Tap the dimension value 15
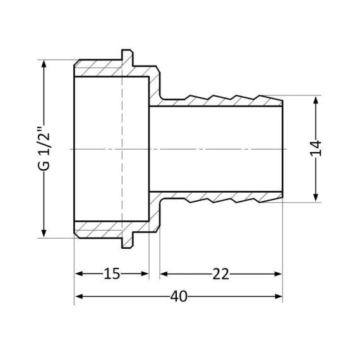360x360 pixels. pyautogui.click(x=112, y=273)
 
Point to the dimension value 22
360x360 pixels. pyautogui.click(x=220, y=273)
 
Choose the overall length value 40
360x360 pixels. pyautogui.click(x=179, y=297)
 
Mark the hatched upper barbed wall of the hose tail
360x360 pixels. pyautogui.click(x=221, y=101)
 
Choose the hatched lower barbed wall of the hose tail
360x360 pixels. pyautogui.click(x=221, y=196)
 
